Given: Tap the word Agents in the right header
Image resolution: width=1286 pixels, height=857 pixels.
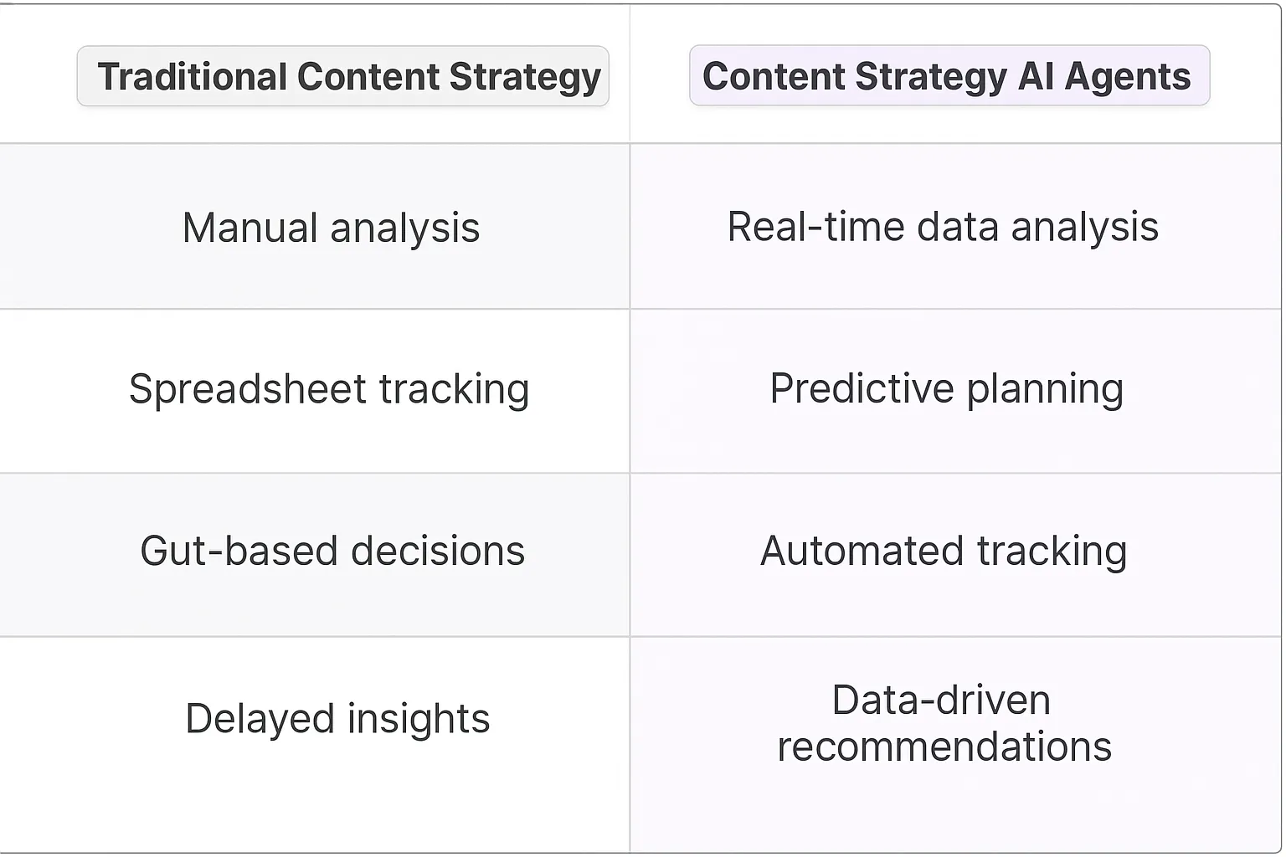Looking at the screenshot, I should coord(1127,77).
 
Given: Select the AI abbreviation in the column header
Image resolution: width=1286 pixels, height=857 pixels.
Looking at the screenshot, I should coord(1036,77).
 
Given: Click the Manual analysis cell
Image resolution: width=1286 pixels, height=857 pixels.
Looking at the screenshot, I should coord(331,228).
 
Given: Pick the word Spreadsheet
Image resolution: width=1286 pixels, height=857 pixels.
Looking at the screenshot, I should coord(248,389).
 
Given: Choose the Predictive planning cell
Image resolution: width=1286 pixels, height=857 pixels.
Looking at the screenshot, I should coord(946,388).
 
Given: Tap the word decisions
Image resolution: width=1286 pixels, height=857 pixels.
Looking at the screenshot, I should coord(437,551).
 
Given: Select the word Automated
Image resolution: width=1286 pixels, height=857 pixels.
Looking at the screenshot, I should coord(862,551).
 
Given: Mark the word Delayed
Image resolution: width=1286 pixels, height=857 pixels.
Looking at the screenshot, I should coord(259,718).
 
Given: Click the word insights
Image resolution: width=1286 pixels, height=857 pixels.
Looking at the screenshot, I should coord(418,718).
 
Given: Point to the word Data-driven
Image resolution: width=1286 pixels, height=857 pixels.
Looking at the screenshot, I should coord(941,700).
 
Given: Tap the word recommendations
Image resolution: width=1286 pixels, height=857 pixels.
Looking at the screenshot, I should coord(944,747).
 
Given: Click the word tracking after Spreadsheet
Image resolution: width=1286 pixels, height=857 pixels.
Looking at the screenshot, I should coord(454,389).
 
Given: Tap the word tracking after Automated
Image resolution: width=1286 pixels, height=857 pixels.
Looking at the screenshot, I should coord(1052,551).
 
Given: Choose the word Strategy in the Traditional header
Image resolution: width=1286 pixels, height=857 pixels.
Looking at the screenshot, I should coord(525,77).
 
